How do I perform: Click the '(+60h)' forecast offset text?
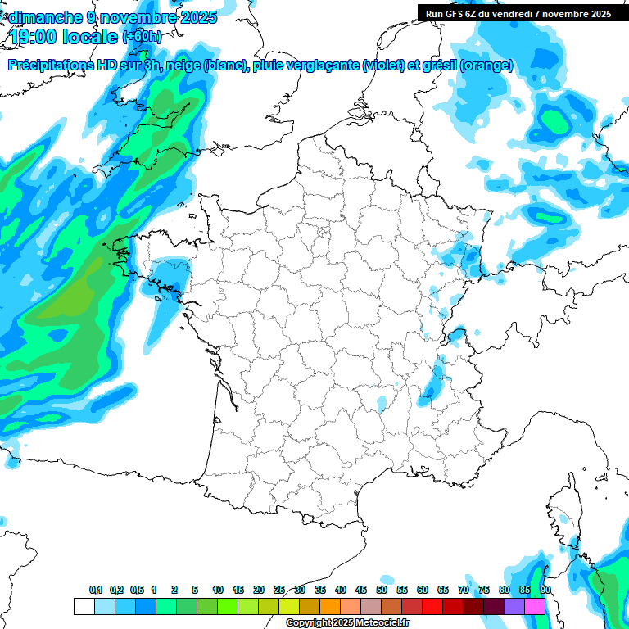(x=142, y=37)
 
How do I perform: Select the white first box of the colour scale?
(x=84, y=607)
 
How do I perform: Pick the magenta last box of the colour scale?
(x=535, y=607)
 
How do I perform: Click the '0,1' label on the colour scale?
(x=96, y=591)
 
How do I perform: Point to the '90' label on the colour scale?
(x=545, y=591)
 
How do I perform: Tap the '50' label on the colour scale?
(x=382, y=591)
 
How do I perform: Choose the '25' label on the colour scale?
(x=279, y=591)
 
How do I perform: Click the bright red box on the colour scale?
(x=432, y=607)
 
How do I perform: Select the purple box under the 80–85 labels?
(x=514, y=607)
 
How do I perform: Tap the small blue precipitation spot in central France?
(x=382, y=402)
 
